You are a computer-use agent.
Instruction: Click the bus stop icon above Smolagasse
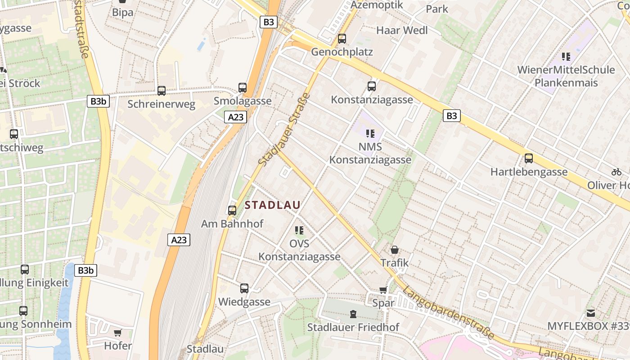click(243, 87)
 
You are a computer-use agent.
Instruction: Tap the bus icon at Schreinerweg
click(162, 91)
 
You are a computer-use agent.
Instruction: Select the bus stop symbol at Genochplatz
click(342, 39)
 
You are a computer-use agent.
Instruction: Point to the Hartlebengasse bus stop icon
click(529, 158)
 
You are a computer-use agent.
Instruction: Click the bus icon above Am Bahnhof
click(232, 210)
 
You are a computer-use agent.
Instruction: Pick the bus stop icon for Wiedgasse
click(244, 288)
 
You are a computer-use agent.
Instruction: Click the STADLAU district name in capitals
click(273, 205)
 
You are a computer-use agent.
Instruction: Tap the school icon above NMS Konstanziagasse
click(370, 133)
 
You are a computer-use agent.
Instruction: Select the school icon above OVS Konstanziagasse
click(299, 230)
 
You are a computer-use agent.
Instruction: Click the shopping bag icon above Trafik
click(395, 249)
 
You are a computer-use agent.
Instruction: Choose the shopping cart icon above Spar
click(383, 290)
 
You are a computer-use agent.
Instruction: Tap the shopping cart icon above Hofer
click(118, 333)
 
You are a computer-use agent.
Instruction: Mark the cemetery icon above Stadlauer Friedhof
click(353, 314)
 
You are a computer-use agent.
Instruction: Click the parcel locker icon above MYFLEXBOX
click(591, 312)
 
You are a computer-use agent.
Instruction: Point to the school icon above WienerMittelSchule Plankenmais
click(566, 57)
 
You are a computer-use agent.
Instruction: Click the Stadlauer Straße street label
click(285, 129)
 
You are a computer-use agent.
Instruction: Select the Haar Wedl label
click(402, 31)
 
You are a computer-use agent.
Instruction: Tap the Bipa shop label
click(123, 12)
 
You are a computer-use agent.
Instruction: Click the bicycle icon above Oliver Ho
click(616, 172)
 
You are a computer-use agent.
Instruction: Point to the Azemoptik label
click(377, 5)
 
